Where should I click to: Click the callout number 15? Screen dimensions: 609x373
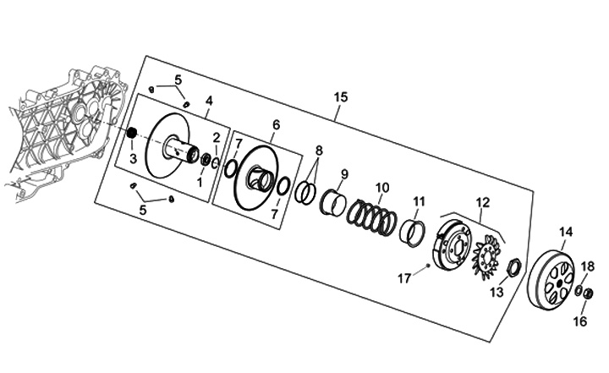point(340,98)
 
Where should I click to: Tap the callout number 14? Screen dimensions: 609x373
point(566,232)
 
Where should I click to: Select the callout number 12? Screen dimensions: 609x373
point(483,201)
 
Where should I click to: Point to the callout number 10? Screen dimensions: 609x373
point(382,187)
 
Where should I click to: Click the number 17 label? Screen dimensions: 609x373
point(404,277)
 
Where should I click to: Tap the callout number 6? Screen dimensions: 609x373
point(276,125)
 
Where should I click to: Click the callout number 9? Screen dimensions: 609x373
point(345,175)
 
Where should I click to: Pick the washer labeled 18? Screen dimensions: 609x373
point(578,291)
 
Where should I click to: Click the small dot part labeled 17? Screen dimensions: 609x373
point(429,266)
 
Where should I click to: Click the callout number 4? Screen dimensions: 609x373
point(207,100)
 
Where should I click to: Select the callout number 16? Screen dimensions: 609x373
point(579,321)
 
